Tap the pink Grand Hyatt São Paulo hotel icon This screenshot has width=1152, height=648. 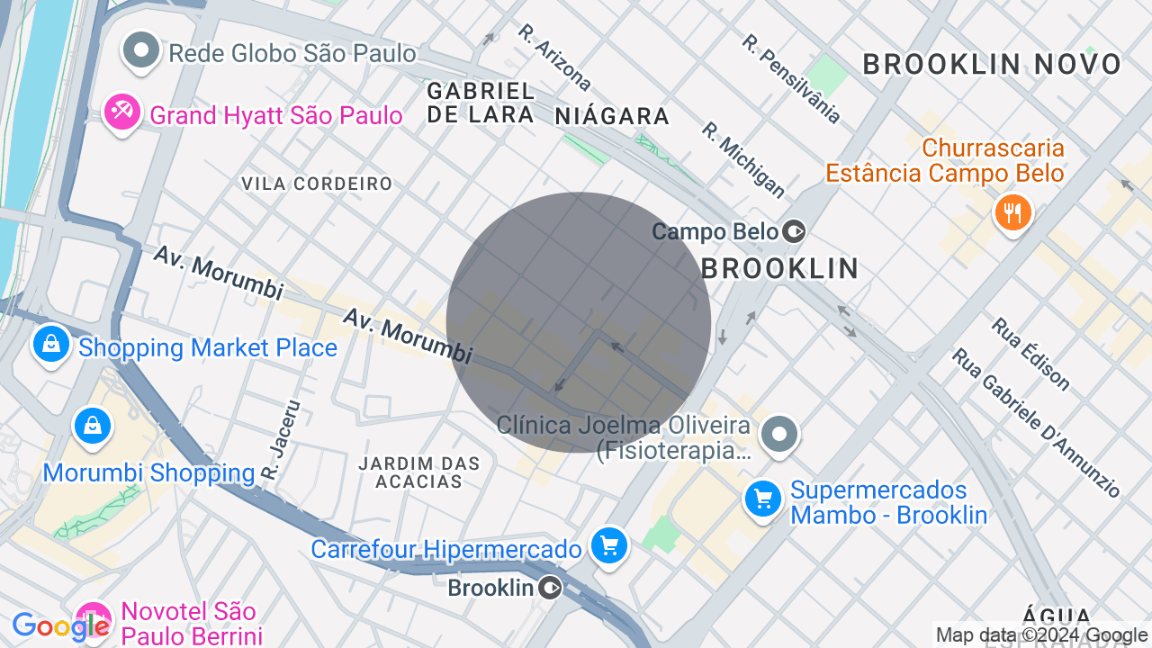[121, 112]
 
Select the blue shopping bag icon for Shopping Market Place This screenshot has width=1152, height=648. [51, 345]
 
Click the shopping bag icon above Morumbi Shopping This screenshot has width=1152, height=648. [92, 427]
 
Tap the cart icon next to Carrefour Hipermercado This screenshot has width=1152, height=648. [609, 545]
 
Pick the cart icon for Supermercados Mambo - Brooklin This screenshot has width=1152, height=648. [763, 499]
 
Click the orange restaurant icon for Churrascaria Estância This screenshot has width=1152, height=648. [1012, 213]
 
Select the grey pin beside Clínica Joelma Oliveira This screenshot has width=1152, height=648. [779, 436]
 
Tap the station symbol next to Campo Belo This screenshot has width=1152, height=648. [794, 232]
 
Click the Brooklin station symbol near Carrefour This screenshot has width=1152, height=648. [551, 589]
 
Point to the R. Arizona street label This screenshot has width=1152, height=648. [554, 58]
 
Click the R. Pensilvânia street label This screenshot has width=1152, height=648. [792, 79]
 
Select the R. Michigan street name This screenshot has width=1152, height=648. [743, 159]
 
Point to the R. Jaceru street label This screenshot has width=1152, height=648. [280, 439]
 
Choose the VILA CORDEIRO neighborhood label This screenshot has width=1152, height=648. [317, 184]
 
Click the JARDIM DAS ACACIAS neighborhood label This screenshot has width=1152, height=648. [419, 472]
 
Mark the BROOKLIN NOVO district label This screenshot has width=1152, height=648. [992, 64]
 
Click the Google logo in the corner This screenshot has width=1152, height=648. [60, 626]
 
